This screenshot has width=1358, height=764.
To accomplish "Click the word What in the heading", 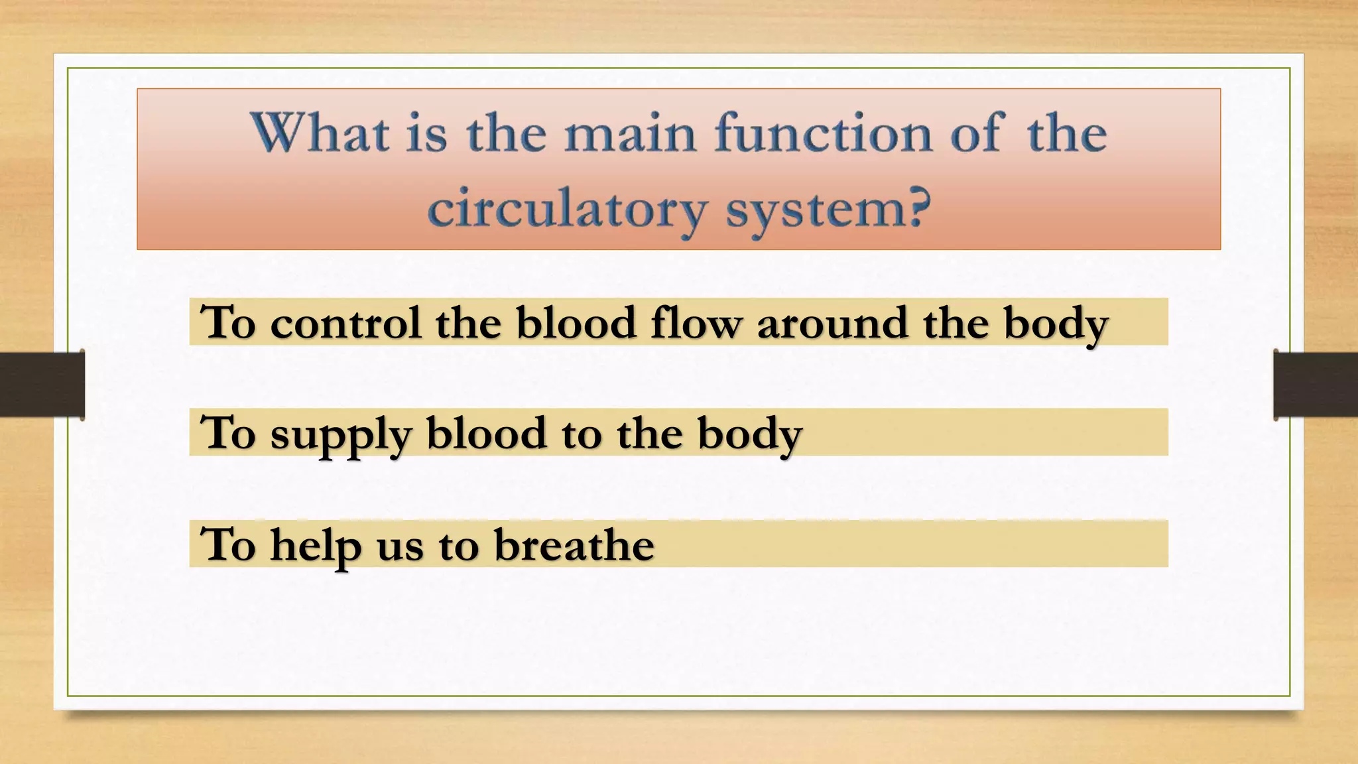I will (319, 133).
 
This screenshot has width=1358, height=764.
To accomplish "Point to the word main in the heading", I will (630, 135).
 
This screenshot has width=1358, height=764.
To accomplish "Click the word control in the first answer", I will (345, 323).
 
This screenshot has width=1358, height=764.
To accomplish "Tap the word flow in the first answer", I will (696, 323).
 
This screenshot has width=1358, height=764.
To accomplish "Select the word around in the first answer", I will (832, 324).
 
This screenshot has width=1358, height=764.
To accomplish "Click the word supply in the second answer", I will (340, 435).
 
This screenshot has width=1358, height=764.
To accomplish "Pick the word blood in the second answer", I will (486, 434).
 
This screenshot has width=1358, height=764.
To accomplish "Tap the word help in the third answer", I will (316, 546).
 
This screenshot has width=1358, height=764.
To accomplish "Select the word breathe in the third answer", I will (574, 545).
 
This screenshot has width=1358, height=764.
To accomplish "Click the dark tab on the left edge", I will (42, 385).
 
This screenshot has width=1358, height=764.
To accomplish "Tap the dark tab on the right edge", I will (1316, 385).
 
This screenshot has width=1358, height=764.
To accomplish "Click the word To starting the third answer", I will (228, 545).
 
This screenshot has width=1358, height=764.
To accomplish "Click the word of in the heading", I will (976, 133).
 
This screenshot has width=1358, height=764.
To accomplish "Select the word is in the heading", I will (426, 133).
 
